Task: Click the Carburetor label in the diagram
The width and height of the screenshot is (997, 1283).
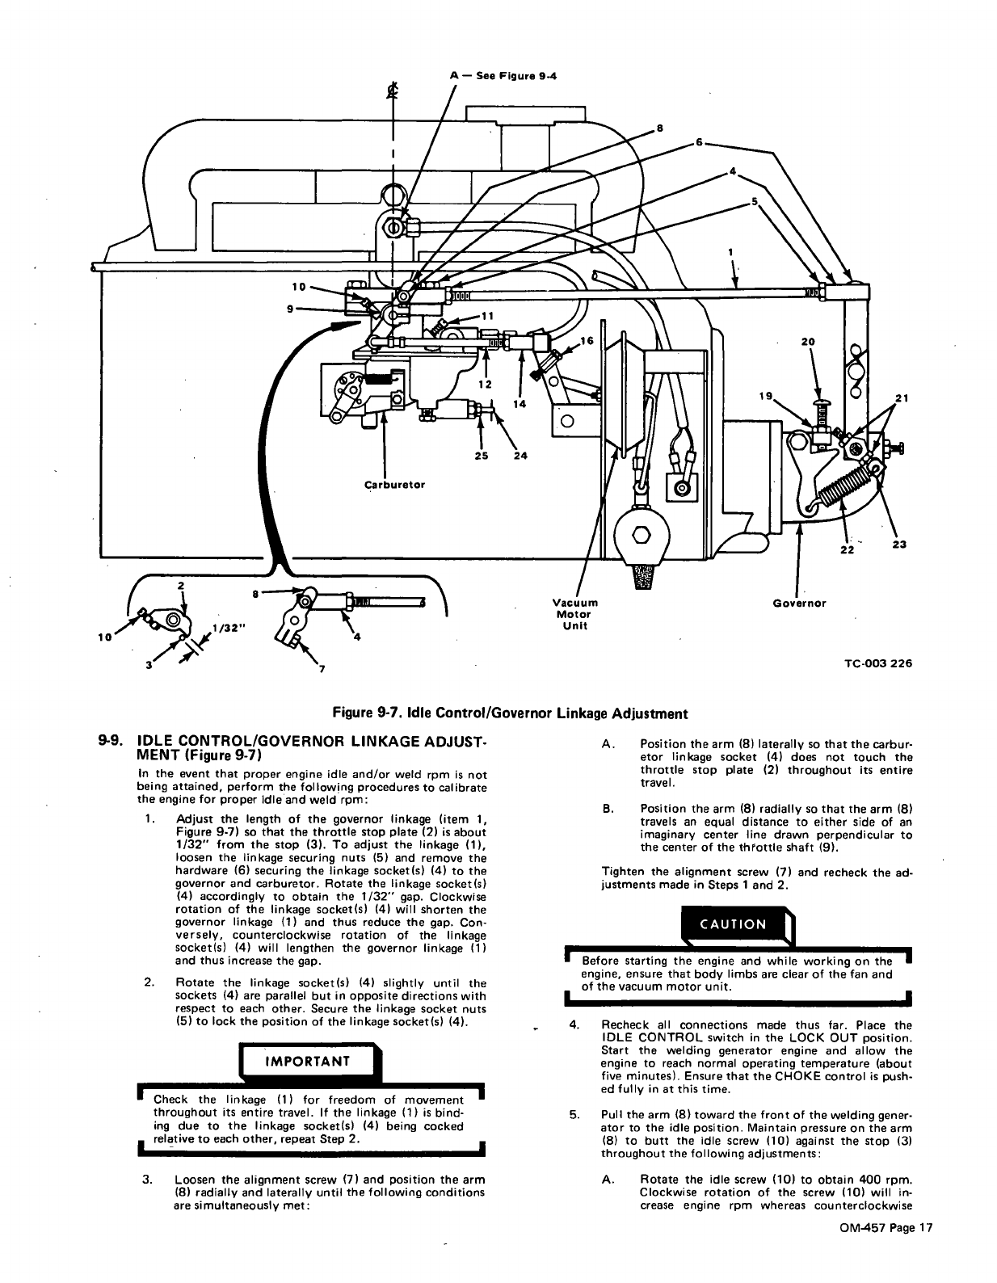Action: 394,485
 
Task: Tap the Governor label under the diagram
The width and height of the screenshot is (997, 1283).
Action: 799,603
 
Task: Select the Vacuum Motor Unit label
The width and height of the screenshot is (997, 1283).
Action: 574,614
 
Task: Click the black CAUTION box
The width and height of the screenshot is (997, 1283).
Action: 734,924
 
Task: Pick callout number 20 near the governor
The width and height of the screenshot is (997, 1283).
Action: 807,342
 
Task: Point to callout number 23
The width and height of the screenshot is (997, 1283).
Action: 899,545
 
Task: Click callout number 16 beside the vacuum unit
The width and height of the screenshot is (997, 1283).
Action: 587,341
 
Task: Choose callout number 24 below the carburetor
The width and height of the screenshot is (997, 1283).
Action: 520,456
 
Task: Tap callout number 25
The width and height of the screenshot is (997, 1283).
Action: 482,456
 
